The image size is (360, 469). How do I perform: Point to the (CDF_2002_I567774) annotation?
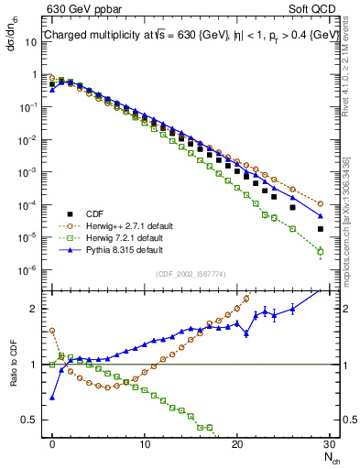pyautogui.click(x=184, y=272)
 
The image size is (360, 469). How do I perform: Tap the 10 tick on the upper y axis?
pyautogui.click(x=34, y=41)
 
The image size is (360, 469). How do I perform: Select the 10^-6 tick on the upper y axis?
pyautogui.click(x=31, y=269)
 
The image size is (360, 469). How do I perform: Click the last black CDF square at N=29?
pyautogui.click(x=321, y=229)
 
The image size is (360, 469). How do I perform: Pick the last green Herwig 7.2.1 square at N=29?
pyautogui.click(x=321, y=251)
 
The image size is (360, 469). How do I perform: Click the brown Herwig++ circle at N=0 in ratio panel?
pyautogui.click(x=52, y=331)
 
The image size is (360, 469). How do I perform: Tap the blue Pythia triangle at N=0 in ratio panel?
pyautogui.click(x=52, y=397)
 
